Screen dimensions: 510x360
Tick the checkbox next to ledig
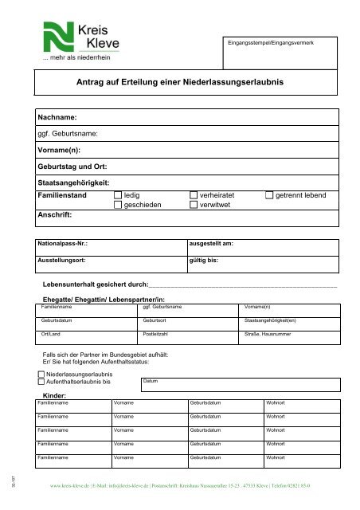point(119,194)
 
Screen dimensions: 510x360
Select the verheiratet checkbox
point(194,194)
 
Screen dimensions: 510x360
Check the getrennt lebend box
point(268,194)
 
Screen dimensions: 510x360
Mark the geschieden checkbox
point(119,205)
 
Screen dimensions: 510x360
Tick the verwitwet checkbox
point(194,205)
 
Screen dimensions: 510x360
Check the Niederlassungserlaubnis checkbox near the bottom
point(41,373)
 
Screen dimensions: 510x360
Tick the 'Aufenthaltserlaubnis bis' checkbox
point(41,382)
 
